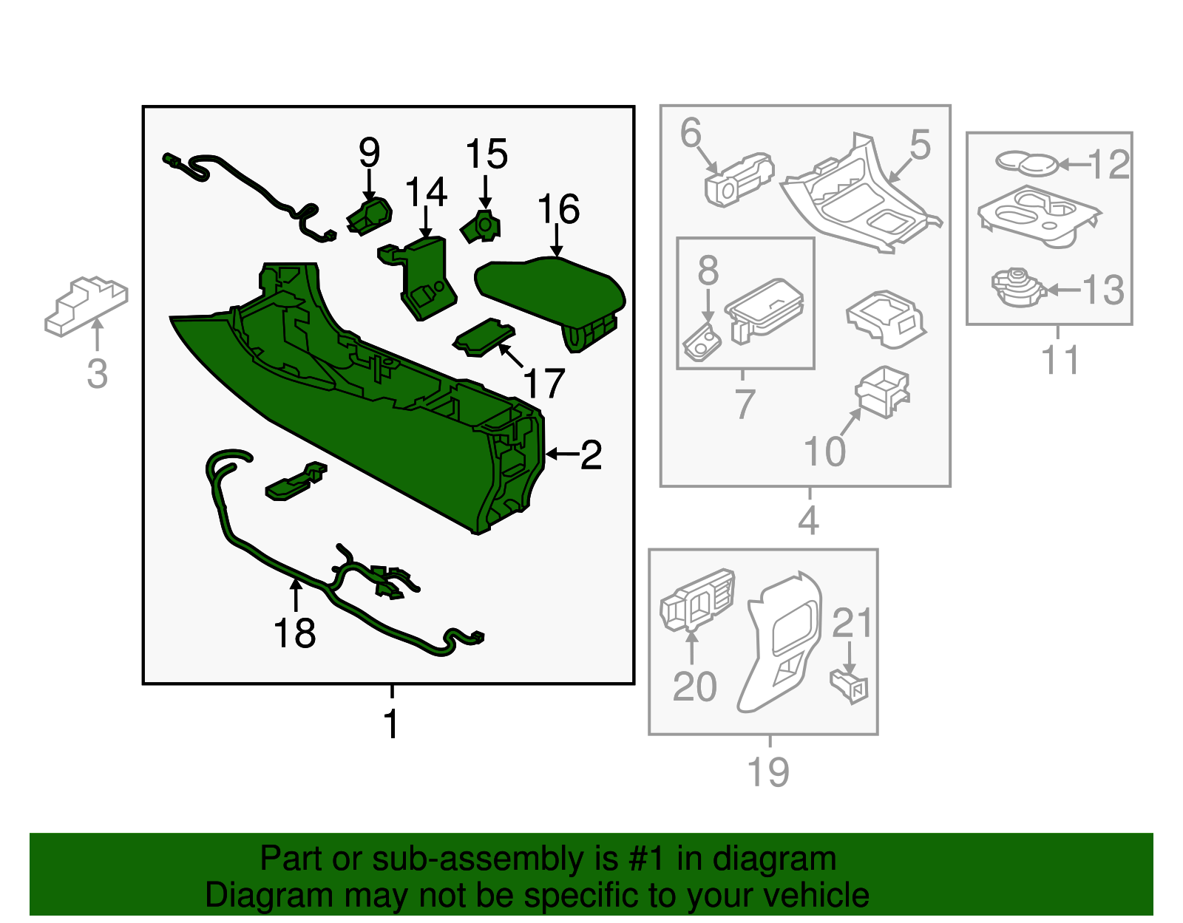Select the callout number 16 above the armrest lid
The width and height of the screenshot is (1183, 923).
point(558,209)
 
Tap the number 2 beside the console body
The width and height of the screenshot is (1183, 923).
point(591,454)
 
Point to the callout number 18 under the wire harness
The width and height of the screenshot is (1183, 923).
point(294,633)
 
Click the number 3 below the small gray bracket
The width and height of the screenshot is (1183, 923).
point(98,374)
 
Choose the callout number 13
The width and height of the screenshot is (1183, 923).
point(1103,290)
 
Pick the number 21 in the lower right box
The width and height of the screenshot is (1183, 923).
point(852,623)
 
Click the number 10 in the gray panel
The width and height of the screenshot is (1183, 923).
point(825,452)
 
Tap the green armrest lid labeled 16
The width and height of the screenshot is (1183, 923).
point(550,302)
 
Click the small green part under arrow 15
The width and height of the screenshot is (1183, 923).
point(481,228)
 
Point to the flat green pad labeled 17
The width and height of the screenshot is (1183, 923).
point(484,338)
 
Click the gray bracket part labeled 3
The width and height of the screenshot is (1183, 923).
point(86,307)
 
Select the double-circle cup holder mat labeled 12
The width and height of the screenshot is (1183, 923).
point(1027,163)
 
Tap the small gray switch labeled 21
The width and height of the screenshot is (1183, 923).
point(849,688)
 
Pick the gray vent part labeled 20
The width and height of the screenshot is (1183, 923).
point(696,601)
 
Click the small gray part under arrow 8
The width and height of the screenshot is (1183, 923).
point(702,342)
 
